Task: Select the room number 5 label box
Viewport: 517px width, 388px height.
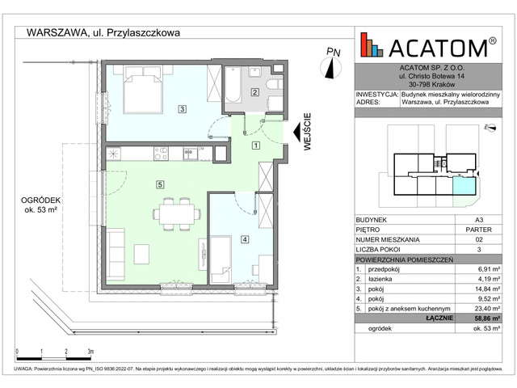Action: pyautogui.click(x=161, y=184)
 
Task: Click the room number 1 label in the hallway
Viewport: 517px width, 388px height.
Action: pyautogui.click(x=255, y=145)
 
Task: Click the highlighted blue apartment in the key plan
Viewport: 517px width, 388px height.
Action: pyautogui.click(x=464, y=187)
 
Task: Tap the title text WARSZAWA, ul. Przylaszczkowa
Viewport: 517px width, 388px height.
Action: pyautogui.click(x=103, y=32)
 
